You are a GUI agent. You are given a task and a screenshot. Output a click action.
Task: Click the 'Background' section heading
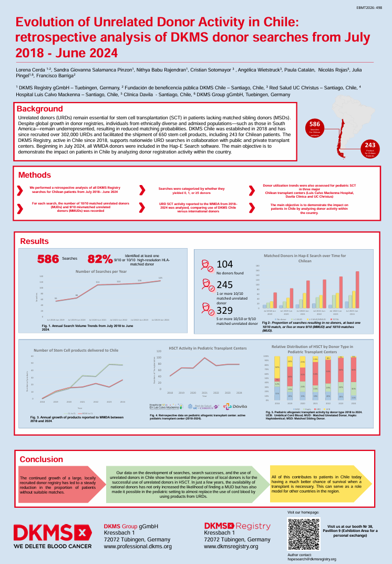(40, 109)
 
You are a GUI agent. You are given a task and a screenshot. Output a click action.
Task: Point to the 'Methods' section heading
(35, 175)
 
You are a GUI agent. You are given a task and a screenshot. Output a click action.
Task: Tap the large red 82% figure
(100, 259)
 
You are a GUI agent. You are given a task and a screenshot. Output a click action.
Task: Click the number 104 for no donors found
(225, 264)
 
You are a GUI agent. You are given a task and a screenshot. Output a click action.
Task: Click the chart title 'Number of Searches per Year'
(101, 271)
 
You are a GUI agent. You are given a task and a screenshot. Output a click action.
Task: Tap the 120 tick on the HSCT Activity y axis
(159, 351)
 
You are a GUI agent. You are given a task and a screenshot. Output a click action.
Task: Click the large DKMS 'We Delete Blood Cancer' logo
(53, 536)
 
